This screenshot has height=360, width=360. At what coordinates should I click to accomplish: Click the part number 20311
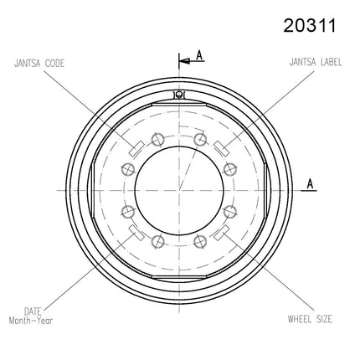tap(310, 26)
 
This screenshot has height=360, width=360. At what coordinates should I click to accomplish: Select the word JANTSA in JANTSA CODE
tap(28, 63)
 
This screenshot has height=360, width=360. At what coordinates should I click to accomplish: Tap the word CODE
tap(54, 63)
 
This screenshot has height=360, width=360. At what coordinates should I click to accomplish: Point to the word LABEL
tap(332, 62)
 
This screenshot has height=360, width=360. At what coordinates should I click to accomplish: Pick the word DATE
tap(33, 311)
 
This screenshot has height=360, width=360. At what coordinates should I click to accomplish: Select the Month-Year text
tap(31, 321)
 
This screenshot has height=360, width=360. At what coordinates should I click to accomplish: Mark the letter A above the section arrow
tap(199, 55)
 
